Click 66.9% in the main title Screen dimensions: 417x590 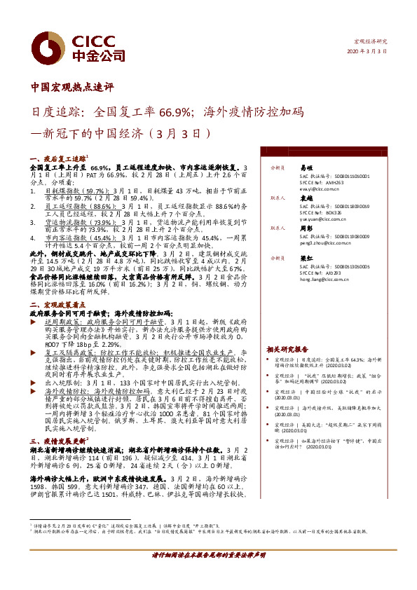175,111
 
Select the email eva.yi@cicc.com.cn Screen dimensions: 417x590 319,189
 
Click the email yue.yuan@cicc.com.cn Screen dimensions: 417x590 322,219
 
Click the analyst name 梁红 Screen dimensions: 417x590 306,259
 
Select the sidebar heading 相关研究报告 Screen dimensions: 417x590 287,348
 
